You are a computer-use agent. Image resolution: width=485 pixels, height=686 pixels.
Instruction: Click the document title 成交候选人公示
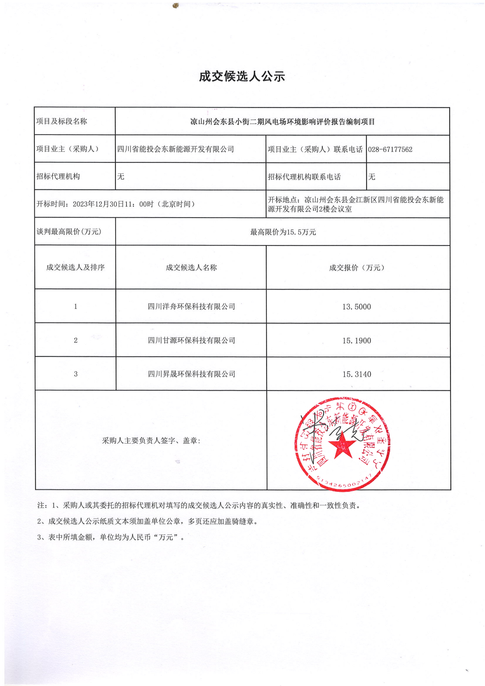pyautogui.click(x=242, y=76)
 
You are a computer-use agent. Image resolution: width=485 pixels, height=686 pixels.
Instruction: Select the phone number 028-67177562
pyautogui.click(x=390, y=149)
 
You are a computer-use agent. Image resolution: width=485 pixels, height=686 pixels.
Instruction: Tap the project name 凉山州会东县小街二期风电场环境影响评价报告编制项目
pyautogui.click(x=282, y=122)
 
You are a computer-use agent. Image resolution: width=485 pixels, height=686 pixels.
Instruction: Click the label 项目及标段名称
pyautogui.click(x=62, y=121)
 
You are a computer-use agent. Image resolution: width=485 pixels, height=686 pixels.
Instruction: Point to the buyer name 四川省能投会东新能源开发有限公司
pyautogui.click(x=175, y=149)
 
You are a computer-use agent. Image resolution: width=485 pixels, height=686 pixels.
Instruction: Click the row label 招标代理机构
pyautogui.click(x=58, y=176)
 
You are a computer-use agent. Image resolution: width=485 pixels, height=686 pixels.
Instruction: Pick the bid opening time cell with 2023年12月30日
pyautogui.click(x=116, y=204)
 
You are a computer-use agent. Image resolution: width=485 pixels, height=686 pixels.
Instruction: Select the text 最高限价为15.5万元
pyautogui.click(x=283, y=232)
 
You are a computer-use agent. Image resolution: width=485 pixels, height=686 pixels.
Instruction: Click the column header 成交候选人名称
pyautogui.click(x=191, y=267)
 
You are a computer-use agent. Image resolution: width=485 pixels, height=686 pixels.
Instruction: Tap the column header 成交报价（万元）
pyautogui.click(x=357, y=267)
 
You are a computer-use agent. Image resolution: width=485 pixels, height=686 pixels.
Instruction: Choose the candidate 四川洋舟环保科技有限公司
pyautogui.click(x=191, y=306)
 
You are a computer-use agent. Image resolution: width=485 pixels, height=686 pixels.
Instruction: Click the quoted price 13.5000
pyautogui.click(x=357, y=307)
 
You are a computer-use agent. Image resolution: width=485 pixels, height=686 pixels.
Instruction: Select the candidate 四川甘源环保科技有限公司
pyautogui.click(x=191, y=340)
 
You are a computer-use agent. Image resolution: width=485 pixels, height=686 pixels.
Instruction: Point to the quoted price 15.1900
pyautogui.click(x=357, y=341)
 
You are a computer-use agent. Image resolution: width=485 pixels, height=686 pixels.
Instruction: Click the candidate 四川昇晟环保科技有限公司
pyautogui.click(x=191, y=374)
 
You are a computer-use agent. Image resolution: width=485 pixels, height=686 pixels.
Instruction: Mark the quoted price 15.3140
pyautogui.click(x=357, y=375)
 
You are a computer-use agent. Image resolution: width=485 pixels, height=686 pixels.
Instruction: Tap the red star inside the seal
pyautogui.click(x=342, y=445)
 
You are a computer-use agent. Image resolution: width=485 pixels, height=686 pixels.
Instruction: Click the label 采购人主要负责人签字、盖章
pyautogui.click(x=151, y=441)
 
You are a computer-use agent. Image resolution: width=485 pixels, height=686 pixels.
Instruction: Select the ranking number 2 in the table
pyautogui.click(x=76, y=340)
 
